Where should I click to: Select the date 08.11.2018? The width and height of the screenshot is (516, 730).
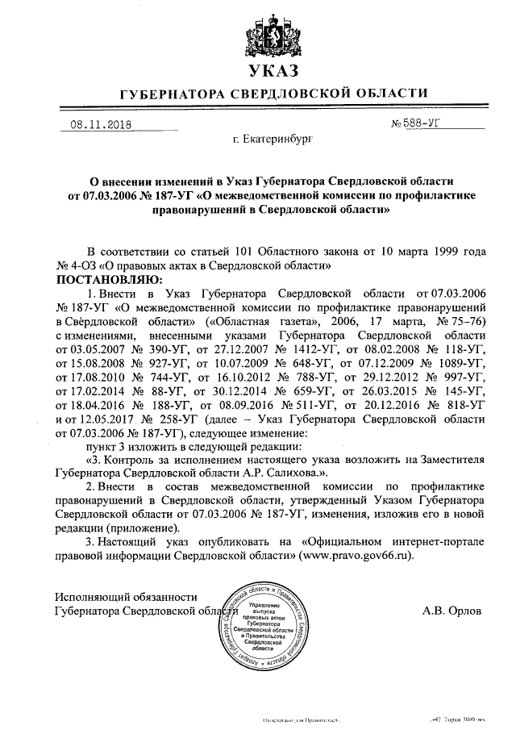coord(101,124)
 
